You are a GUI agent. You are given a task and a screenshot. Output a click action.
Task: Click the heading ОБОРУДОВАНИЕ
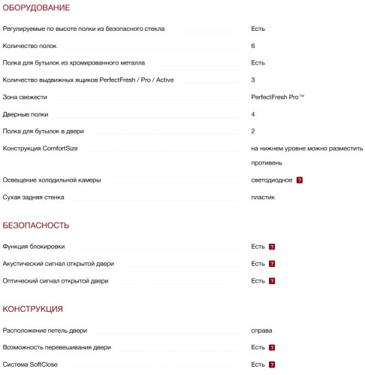click(37, 8)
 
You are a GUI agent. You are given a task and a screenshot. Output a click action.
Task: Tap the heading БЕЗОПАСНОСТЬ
click(36, 225)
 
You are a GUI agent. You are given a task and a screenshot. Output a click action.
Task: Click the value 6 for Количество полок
click(254, 46)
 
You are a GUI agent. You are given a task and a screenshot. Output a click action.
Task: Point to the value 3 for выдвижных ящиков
click(254, 80)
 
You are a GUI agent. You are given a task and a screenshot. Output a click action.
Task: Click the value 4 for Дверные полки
click(254, 114)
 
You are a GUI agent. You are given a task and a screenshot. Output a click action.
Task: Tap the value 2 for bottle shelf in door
click(254, 131)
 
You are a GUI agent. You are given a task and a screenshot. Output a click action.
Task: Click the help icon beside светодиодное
click(300, 180)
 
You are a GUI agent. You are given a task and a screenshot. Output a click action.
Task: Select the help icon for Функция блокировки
click(273, 246)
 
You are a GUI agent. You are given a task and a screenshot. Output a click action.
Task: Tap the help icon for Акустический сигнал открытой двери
click(273, 264)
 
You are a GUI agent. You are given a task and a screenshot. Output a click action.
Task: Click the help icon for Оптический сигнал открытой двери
click(273, 281)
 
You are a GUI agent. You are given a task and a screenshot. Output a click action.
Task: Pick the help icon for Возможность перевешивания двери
click(273, 348)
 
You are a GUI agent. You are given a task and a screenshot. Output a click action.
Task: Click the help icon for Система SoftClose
click(273, 364)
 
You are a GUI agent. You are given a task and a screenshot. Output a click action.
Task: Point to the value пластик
click(264, 197)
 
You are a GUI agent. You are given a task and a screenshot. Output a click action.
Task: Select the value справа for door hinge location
click(262, 331)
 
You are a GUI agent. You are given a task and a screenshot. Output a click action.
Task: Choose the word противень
click(267, 163)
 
